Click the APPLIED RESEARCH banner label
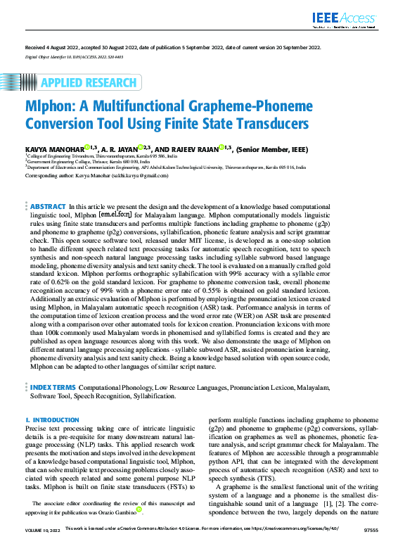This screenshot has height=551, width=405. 88,83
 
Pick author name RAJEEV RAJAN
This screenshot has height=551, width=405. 193,148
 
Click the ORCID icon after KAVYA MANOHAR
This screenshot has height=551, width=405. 86,147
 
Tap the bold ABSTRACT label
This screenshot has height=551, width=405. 48,187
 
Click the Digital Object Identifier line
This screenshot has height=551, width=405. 74,56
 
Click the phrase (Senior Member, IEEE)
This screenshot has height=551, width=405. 275,148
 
